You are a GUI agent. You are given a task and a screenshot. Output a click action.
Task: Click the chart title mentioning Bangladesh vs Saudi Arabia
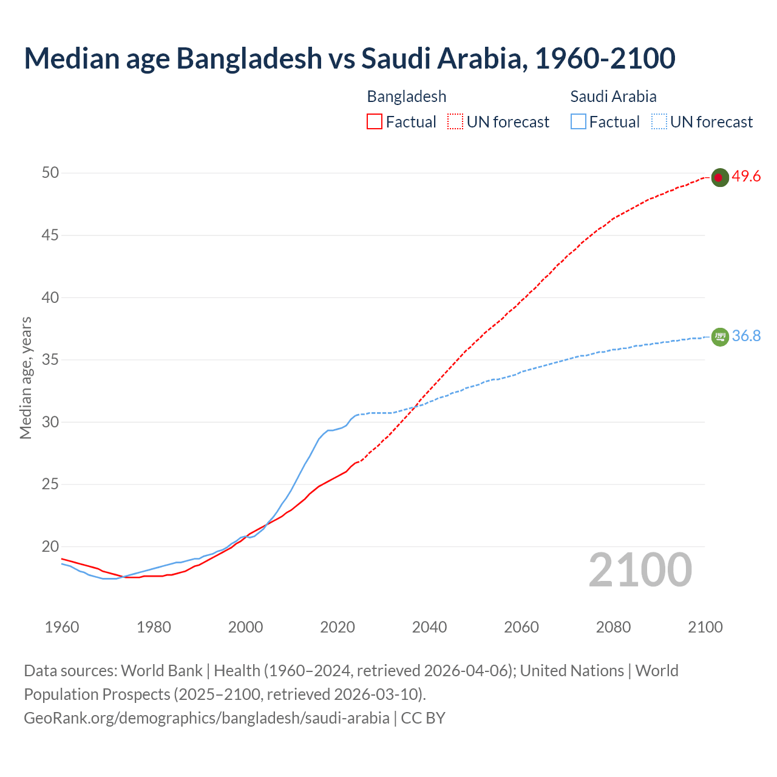point(349,58)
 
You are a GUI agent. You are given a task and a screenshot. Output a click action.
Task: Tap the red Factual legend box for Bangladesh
point(375,122)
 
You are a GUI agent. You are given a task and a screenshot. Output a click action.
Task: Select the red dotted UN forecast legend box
point(455,122)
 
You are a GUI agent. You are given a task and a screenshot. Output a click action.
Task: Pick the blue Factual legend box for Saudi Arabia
point(578,122)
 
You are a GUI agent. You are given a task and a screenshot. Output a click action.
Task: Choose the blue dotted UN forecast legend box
point(659,122)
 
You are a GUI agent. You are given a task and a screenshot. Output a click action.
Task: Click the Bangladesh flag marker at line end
point(719,177)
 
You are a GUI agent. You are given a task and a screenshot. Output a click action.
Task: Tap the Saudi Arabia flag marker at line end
point(719,336)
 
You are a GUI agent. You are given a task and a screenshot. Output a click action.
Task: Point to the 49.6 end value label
point(746,177)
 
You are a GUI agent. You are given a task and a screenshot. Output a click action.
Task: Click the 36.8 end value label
point(746,336)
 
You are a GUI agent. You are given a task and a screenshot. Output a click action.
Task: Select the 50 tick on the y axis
point(50,173)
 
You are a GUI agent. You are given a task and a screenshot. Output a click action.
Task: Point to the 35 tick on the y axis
point(50,360)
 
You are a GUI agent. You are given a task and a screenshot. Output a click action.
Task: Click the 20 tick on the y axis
point(50,546)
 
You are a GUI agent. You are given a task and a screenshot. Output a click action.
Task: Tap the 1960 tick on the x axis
point(62,627)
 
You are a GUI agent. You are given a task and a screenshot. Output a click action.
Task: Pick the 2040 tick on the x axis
point(429,627)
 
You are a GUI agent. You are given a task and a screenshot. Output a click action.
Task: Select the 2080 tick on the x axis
point(613,627)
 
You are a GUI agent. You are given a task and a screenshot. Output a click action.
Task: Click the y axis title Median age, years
point(25,378)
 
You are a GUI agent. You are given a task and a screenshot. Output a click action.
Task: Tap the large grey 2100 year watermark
point(640,570)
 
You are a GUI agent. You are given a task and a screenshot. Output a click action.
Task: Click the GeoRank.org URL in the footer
point(206,718)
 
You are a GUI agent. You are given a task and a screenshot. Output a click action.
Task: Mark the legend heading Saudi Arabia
point(613,97)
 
